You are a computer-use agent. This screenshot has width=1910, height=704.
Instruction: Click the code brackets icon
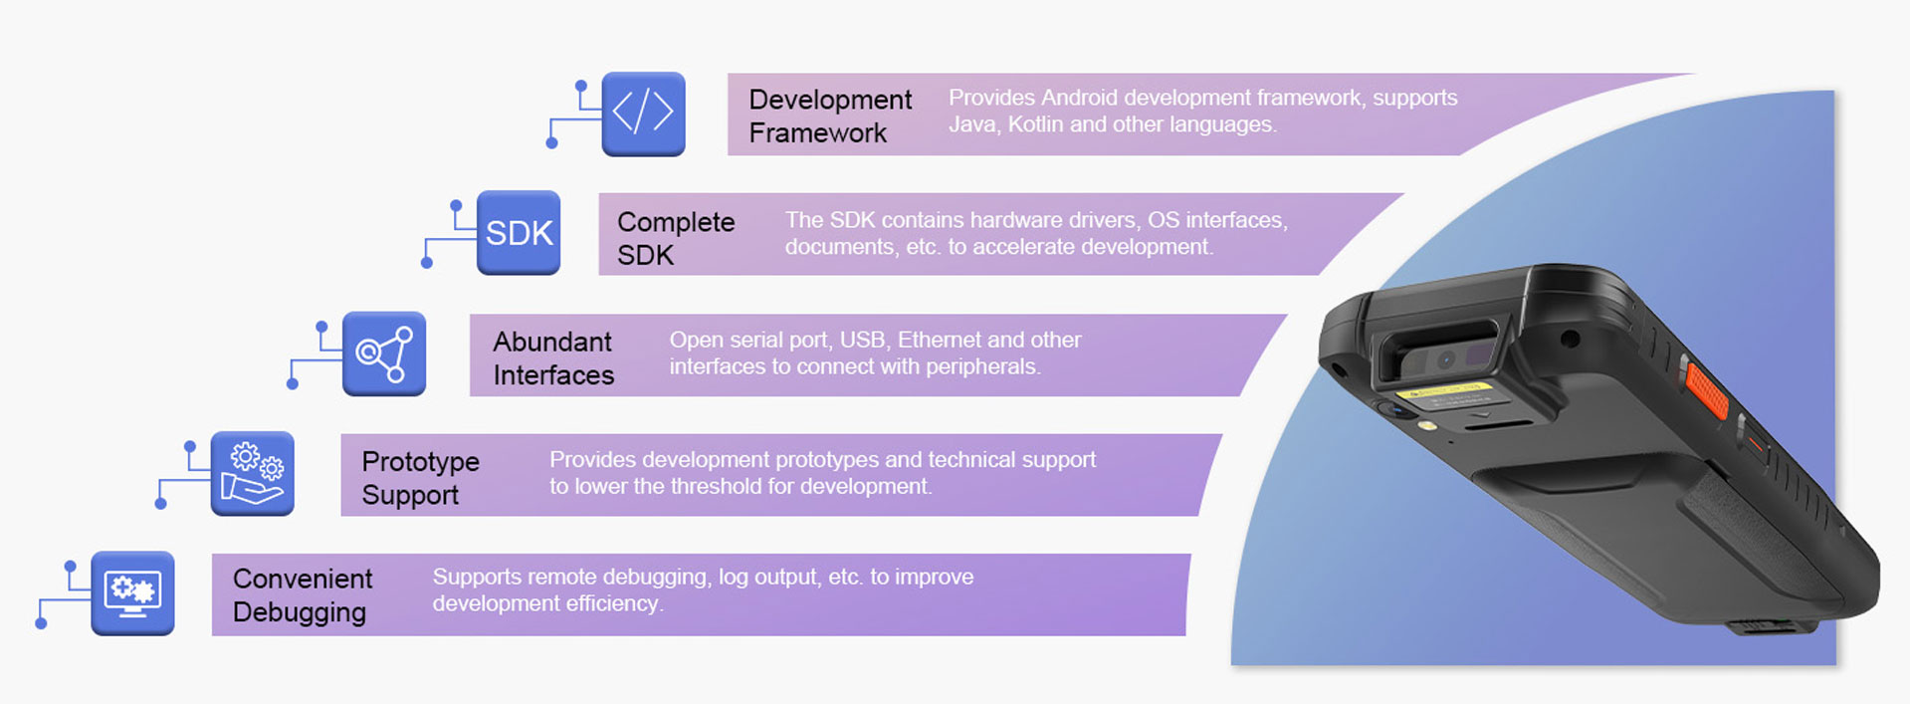click(x=643, y=114)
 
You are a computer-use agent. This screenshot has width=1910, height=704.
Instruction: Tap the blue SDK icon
click(x=519, y=233)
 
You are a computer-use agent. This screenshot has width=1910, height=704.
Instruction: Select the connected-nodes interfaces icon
click(x=384, y=353)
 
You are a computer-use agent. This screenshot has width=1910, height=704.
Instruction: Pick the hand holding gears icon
click(x=253, y=473)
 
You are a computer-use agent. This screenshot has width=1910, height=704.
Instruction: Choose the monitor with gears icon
click(x=132, y=592)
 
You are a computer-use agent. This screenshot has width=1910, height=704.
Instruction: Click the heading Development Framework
click(x=829, y=116)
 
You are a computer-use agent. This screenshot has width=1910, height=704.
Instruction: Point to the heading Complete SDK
click(x=675, y=238)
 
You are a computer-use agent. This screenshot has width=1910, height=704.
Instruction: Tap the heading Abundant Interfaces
click(x=552, y=357)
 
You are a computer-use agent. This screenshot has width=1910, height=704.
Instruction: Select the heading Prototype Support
click(x=419, y=478)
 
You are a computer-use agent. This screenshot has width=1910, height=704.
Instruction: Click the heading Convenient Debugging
click(x=302, y=594)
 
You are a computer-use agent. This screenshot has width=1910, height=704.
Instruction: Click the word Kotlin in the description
click(x=1035, y=124)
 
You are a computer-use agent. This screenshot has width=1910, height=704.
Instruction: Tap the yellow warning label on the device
click(x=1444, y=390)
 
